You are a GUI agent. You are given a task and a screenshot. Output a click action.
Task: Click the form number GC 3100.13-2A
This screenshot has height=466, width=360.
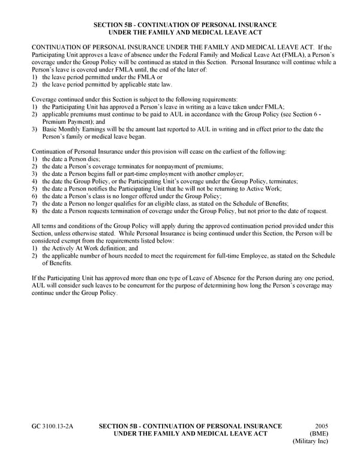(52, 426)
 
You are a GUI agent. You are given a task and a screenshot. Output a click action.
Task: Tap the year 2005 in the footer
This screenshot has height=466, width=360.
(322, 426)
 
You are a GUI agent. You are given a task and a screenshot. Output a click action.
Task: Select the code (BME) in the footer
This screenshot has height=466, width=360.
(318, 434)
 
